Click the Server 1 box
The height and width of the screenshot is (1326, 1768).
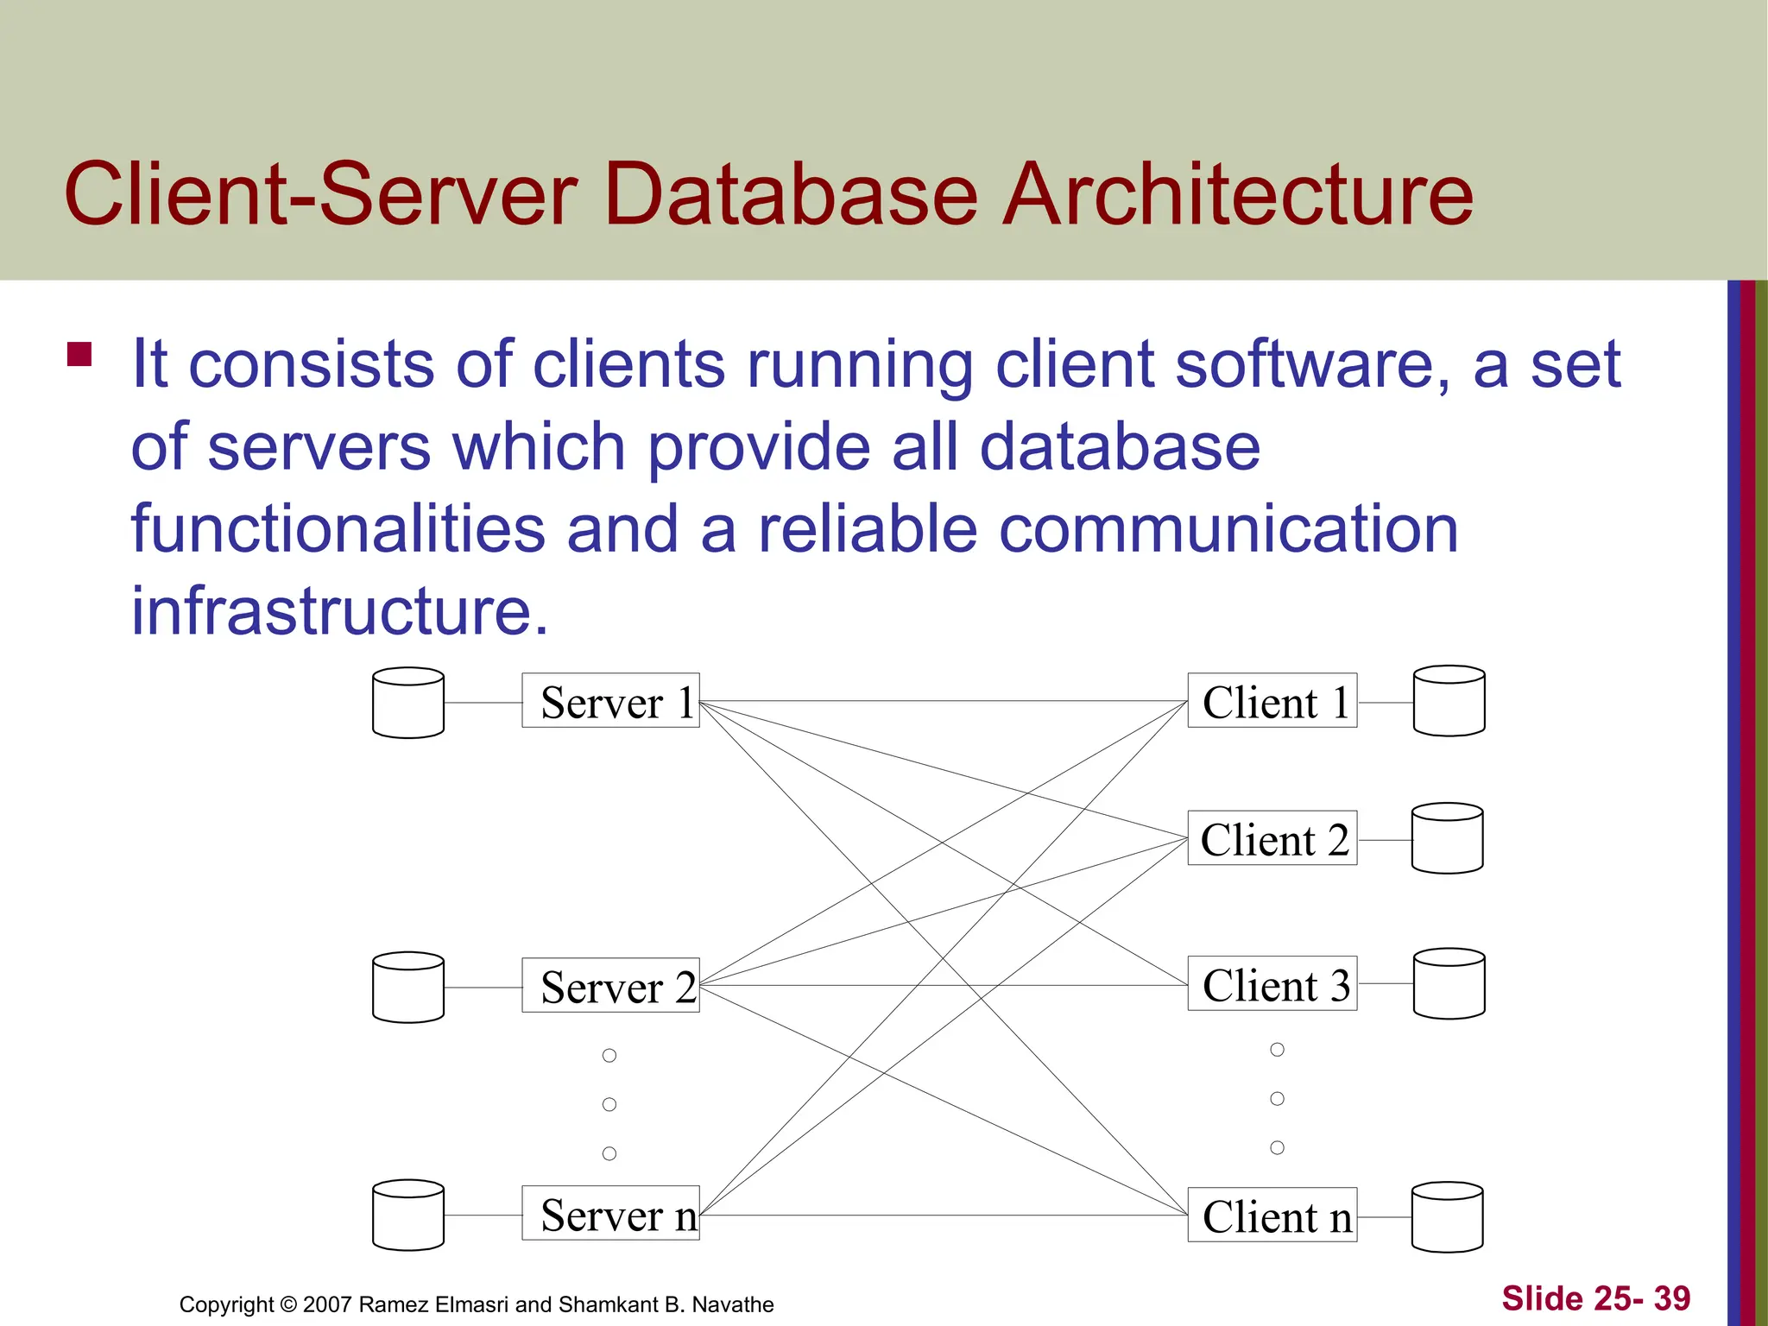[610, 701]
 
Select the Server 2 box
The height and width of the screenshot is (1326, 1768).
[610, 985]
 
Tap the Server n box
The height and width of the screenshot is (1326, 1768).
[610, 1214]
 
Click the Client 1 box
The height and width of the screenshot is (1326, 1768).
[1272, 701]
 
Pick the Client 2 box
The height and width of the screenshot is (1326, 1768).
[1272, 838]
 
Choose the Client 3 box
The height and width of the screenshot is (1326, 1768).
[1272, 983]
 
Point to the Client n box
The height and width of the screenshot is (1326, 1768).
[1272, 1215]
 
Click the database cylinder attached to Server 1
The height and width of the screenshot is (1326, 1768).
[408, 703]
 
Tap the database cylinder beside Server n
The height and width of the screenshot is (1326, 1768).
[408, 1215]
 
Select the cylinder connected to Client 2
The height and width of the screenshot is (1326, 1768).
[1447, 838]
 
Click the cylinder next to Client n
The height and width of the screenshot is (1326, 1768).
[1447, 1217]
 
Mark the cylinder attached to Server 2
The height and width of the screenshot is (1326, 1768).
[408, 987]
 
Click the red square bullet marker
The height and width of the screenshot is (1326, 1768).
[79, 355]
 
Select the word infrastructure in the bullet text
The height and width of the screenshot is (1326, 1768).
[339, 610]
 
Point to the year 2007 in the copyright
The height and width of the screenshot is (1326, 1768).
[327, 1304]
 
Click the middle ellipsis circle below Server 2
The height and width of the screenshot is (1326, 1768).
[609, 1104]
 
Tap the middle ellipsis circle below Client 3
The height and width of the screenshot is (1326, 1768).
[1278, 1098]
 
